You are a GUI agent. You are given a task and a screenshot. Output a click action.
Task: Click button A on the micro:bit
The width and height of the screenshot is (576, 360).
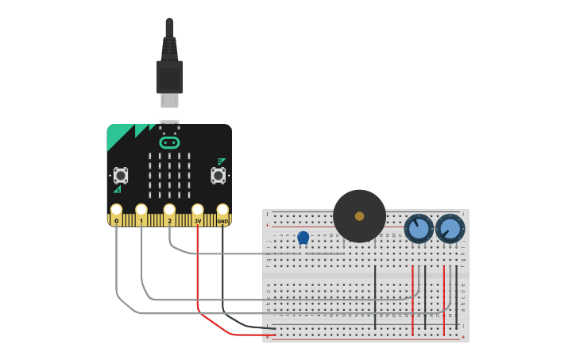tap(121, 174)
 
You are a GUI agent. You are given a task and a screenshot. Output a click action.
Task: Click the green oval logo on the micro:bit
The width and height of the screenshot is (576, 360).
tap(169, 143)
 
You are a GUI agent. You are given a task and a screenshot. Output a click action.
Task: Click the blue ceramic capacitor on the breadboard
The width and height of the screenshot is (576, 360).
tap(303, 237)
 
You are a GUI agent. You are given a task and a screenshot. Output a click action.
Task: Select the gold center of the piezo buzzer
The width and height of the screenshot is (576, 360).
tap(359, 216)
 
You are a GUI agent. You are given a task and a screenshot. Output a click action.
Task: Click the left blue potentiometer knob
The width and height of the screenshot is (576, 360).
tap(419, 229)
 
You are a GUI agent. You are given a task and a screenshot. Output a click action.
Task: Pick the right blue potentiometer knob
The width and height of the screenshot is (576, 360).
tap(450, 229)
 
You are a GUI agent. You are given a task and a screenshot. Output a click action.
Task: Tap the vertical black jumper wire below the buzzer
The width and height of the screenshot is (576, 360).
tap(375, 298)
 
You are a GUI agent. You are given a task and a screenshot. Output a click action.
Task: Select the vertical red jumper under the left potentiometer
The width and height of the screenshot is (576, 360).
tap(412, 300)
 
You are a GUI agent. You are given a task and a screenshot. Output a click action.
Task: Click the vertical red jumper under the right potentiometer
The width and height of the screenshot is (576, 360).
tap(443, 300)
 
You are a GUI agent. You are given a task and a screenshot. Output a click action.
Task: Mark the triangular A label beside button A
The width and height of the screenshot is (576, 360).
tap(118, 189)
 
